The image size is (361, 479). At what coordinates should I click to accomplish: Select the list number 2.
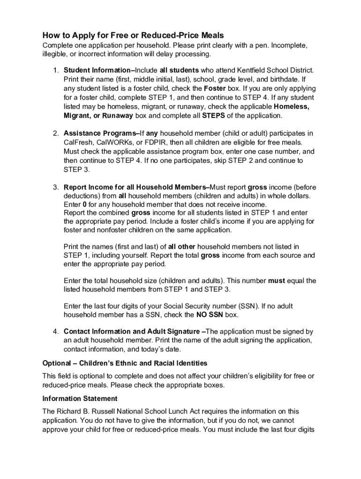[55, 133]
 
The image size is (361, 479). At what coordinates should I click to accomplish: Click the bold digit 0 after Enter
[85, 205]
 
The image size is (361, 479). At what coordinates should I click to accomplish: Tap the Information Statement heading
[80, 399]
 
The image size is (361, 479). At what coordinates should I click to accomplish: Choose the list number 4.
[55, 332]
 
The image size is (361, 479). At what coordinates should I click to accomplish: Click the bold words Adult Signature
[173, 332]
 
